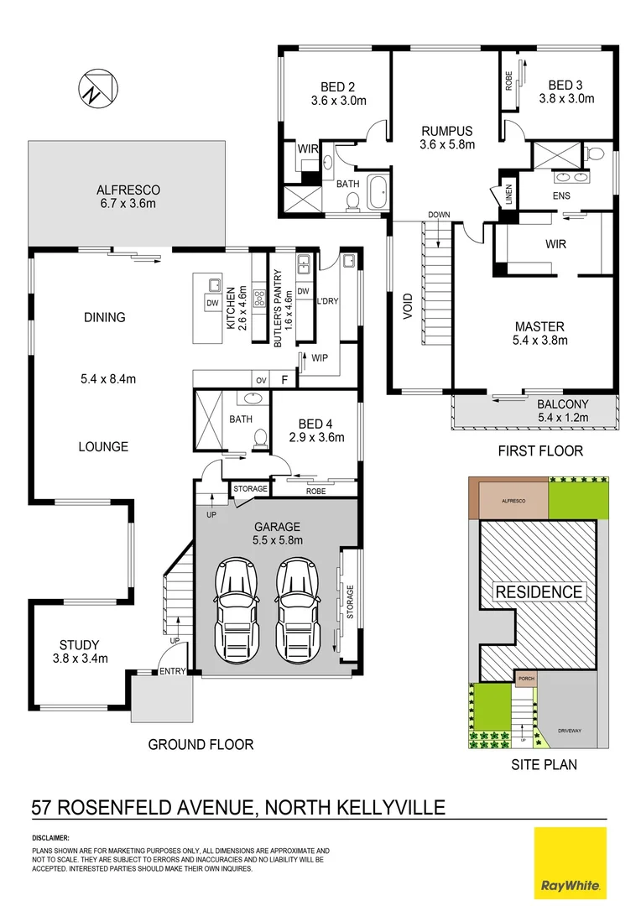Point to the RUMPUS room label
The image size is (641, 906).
pos(447,131)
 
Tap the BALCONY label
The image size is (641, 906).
pos(563,404)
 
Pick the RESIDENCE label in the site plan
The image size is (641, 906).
pos(538,591)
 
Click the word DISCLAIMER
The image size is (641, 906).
pos(51,837)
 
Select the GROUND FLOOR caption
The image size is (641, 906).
pos(201,744)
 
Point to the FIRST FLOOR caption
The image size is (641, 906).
pos(540,450)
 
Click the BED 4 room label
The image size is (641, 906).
pos(316,424)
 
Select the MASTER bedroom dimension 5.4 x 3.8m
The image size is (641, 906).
pos(539,341)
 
